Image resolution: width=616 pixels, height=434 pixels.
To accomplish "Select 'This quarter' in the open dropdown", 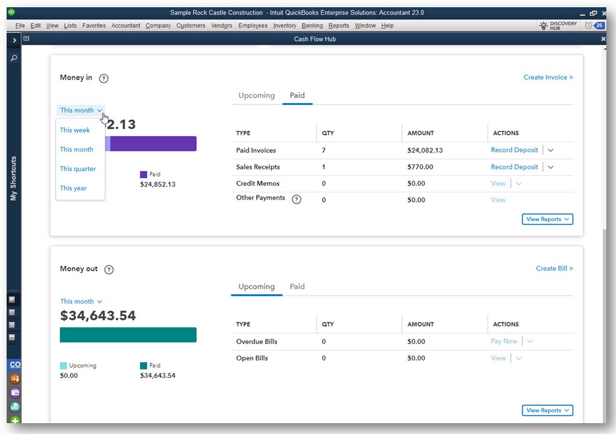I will [78, 169].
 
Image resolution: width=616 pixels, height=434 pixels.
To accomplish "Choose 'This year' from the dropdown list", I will [74, 188].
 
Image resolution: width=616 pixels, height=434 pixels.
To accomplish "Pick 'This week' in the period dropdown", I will [75, 130].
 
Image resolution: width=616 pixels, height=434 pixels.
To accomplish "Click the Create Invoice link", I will [548, 77].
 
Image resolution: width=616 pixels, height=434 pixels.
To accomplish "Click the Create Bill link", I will [554, 268].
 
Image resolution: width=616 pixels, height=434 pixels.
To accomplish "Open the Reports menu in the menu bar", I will [339, 25].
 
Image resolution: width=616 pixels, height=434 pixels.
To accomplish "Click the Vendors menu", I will [221, 25].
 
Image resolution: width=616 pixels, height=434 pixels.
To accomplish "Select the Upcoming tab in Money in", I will [256, 95].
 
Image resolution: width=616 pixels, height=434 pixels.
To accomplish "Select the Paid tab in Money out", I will [297, 286].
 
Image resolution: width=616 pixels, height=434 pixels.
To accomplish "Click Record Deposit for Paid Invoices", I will [514, 150].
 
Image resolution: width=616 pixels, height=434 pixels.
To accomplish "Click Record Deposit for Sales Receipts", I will [514, 167].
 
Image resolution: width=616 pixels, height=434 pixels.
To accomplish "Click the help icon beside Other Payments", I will [297, 200].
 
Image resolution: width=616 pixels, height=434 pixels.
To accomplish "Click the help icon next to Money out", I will [108, 269].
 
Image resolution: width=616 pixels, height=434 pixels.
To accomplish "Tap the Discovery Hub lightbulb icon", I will [543, 26].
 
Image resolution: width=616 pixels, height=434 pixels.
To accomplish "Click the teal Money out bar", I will [128, 335].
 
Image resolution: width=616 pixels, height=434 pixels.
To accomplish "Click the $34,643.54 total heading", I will [98, 315].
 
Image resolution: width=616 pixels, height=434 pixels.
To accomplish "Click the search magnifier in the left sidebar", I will [14, 58].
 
